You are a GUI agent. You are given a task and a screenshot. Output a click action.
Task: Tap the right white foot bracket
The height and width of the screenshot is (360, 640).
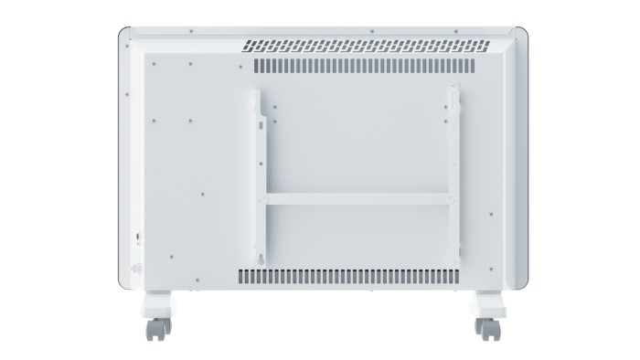[482, 304]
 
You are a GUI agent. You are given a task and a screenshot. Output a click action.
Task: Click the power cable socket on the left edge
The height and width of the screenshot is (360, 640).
[139, 237]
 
